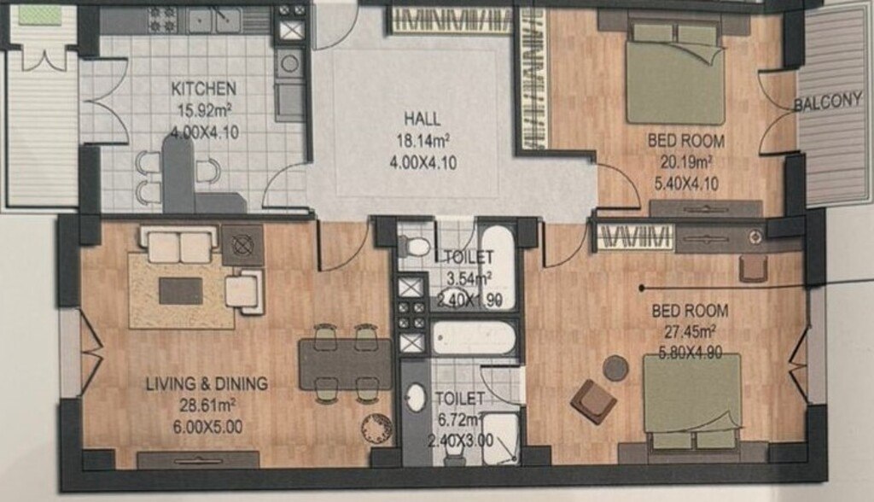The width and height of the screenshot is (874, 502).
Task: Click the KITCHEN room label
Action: pos(203,89)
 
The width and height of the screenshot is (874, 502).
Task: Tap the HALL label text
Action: pos(422,119)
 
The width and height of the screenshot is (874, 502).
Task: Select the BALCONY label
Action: pos(828,102)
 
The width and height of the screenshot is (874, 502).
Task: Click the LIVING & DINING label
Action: pos(207,383)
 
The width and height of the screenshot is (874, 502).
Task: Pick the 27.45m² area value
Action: pos(690,332)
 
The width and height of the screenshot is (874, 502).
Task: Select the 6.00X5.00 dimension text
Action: pos(208,427)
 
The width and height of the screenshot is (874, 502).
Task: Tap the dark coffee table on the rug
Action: pos(181,291)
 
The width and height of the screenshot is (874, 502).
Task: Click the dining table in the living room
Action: pos(346,364)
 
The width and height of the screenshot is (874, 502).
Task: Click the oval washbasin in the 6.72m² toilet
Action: pos(415,398)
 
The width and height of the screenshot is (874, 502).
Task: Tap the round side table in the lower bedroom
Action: pos(616,368)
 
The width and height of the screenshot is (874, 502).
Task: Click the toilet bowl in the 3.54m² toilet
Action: pos(414,246)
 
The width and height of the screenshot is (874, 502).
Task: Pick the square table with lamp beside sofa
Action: pos(243,245)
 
